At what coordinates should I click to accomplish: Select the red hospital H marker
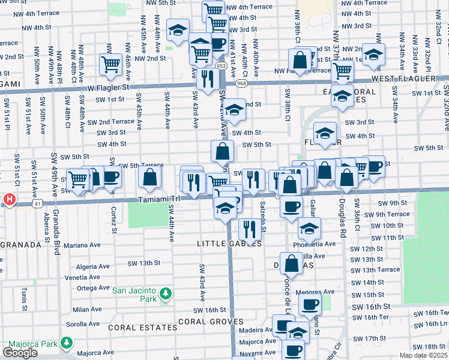(9, 199)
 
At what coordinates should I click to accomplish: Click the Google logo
(20, 352)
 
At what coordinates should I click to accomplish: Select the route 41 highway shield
(37, 205)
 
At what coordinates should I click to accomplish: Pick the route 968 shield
(241, 83)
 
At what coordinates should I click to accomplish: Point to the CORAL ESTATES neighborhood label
(136, 328)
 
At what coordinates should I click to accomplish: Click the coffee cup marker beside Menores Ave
(310, 304)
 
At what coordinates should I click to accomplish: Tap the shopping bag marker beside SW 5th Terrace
(149, 176)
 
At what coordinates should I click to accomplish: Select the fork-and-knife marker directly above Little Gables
(249, 229)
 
